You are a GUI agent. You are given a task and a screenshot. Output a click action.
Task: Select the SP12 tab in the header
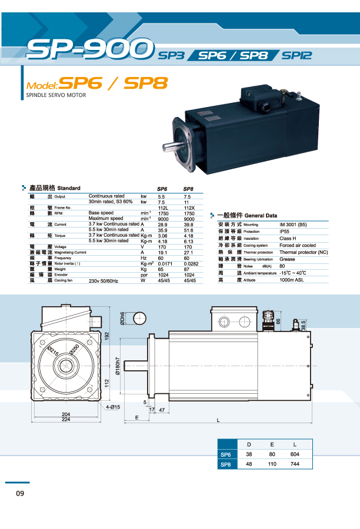point(296,56)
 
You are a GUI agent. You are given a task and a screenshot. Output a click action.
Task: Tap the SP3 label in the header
point(172,56)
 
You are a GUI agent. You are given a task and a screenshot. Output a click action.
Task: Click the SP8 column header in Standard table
point(189,189)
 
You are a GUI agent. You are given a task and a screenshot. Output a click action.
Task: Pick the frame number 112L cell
point(164,207)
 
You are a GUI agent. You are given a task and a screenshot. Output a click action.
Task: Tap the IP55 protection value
point(286,231)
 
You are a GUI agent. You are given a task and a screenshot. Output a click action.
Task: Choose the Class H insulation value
point(288,238)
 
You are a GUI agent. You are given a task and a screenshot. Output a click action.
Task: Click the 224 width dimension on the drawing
point(66,420)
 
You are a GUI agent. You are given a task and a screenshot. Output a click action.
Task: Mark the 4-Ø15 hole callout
point(113,407)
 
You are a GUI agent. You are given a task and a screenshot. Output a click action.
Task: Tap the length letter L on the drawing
point(218,420)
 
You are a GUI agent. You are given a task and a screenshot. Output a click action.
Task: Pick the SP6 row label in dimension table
point(225,454)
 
